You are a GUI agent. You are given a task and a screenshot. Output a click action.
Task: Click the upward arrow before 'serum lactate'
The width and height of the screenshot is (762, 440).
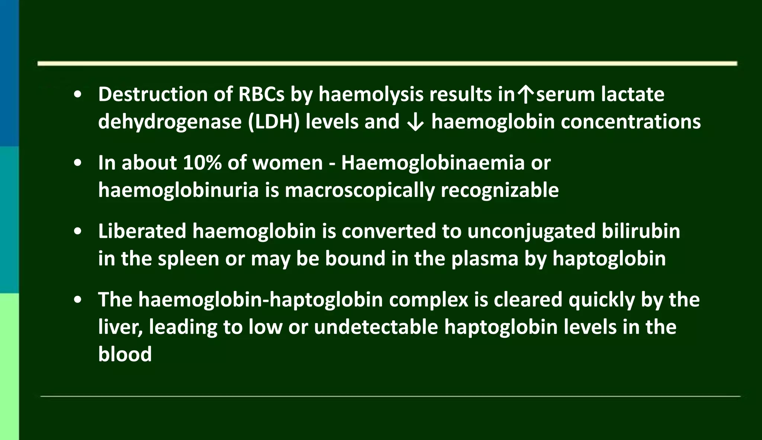(x=525, y=95)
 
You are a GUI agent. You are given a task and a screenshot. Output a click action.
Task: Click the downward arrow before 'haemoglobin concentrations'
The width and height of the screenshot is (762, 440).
(x=415, y=122)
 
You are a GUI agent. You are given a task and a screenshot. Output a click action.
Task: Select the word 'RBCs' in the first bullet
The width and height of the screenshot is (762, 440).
(x=261, y=94)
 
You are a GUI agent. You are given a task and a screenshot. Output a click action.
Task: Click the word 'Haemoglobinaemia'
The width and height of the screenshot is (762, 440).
(x=433, y=163)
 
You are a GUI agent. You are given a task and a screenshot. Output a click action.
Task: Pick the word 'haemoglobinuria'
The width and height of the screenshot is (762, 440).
(x=178, y=190)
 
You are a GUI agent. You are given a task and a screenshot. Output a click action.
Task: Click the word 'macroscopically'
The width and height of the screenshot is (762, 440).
(x=359, y=191)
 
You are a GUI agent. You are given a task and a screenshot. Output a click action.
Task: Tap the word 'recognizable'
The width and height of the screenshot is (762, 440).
(x=499, y=191)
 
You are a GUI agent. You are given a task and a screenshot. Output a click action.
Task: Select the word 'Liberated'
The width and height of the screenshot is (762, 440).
(x=142, y=231)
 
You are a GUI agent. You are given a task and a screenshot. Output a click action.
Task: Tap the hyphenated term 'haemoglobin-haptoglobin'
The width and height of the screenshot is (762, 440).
(x=260, y=300)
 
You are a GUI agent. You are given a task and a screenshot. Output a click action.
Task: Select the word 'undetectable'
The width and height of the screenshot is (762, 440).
(x=376, y=327)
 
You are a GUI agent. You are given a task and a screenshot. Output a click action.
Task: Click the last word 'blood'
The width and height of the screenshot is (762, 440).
(x=125, y=354)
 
